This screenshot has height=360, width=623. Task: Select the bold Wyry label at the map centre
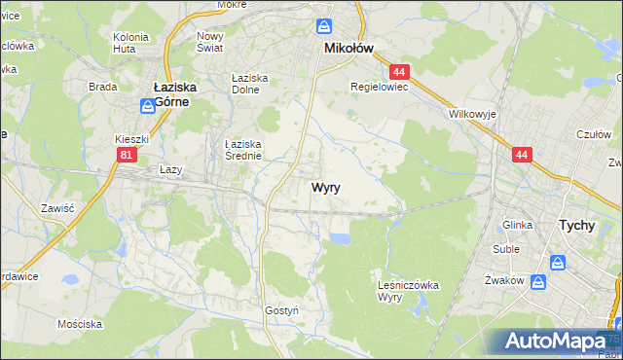(x=325, y=188)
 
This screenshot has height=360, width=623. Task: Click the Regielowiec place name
(x=379, y=86)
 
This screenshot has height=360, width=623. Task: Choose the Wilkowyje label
(x=473, y=114)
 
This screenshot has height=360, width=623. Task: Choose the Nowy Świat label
(x=210, y=42)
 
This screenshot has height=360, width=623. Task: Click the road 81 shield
(x=126, y=155)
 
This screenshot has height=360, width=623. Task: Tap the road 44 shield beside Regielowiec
(x=397, y=71)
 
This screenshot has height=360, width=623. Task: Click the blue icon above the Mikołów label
(x=326, y=26)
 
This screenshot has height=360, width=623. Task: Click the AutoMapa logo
(x=559, y=342)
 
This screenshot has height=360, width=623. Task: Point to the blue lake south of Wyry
(x=340, y=238)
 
